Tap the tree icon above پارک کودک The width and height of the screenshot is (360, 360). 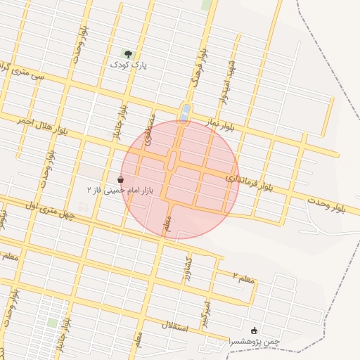(127, 53)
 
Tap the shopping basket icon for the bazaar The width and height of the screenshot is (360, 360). (120, 179)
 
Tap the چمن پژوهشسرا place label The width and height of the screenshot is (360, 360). (254, 341)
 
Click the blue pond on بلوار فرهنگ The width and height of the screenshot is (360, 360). (185, 113)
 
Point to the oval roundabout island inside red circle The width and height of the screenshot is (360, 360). (172, 161)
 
